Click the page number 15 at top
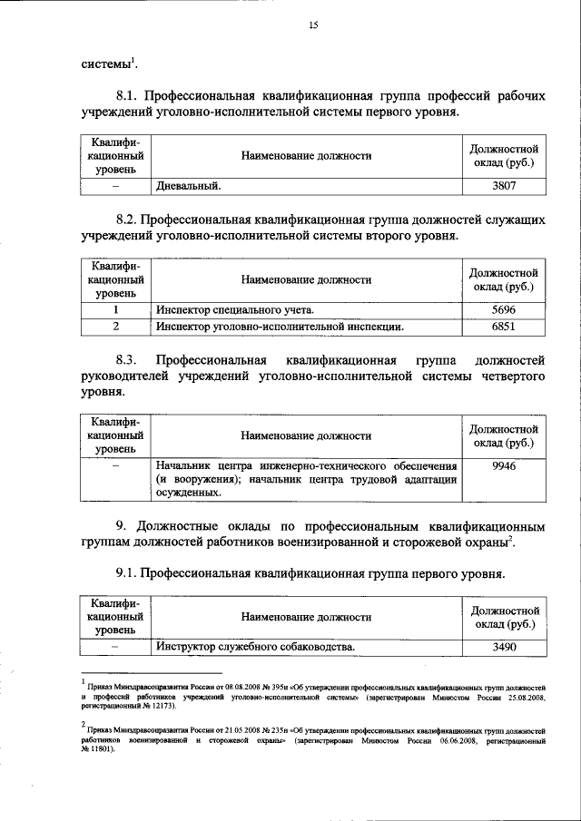click(313, 25)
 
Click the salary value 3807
click(503, 187)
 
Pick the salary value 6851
click(503, 326)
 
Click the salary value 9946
click(503, 465)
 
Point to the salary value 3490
click(503, 646)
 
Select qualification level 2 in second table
click(115, 326)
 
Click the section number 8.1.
click(128, 95)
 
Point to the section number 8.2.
click(128, 220)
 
